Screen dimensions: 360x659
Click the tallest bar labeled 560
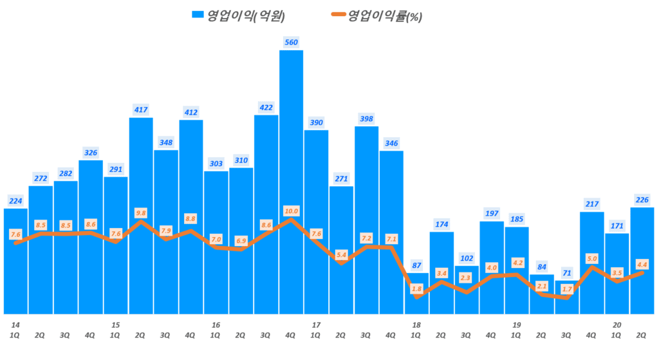click(x=291, y=180)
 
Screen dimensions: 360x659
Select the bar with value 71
click(x=567, y=303)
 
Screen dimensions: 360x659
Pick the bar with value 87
click(x=416, y=303)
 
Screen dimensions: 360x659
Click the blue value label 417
click(x=141, y=109)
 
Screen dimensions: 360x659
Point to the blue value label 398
click(x=366, y=118)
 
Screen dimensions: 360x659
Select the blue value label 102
click(x=467, y=258)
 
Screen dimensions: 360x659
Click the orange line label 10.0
click(x=292, y=211)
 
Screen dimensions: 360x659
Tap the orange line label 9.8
click(x=141, y=213)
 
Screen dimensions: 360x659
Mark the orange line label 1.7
click(x=567, y=289)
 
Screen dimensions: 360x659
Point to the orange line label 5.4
click(x=342, y=255)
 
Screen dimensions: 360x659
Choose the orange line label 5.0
click(x=591, y=258)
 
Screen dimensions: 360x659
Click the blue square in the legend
click(x=197, y=15)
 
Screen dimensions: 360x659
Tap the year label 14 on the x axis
click(x=14, y=325)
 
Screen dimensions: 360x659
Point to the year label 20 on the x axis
click(x=617, y=325)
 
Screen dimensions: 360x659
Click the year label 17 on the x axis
click(x=316, y=325)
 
